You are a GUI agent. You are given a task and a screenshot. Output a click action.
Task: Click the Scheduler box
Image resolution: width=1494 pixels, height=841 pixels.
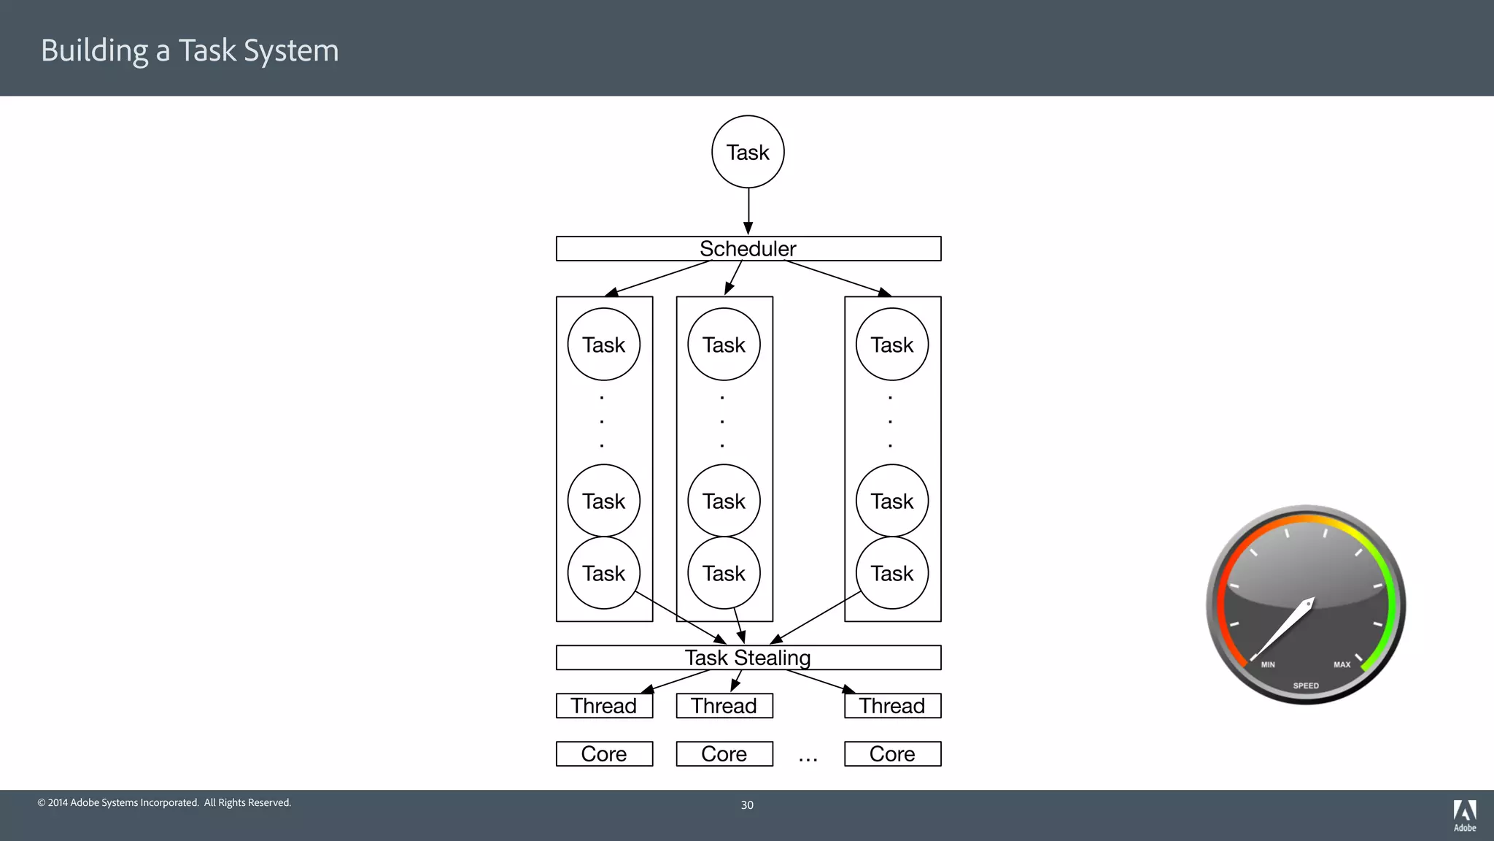[748, 249]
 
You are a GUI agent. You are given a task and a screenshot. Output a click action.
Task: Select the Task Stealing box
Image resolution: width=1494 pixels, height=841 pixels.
[748, 658]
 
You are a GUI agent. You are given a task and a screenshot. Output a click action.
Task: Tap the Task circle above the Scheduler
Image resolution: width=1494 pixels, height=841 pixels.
[748, 152]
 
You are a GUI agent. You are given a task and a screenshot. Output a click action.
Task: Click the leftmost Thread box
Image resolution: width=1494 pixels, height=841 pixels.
[604, 706]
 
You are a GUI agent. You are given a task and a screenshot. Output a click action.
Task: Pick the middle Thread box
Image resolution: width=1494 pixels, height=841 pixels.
[724, 706]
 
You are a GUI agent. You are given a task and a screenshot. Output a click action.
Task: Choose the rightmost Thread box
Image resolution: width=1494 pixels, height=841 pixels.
[892, 706]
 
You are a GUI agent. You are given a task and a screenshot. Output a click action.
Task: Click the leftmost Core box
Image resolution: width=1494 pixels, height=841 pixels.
[604, 754]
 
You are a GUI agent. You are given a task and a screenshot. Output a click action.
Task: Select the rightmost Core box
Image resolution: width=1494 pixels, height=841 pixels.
[892, 754]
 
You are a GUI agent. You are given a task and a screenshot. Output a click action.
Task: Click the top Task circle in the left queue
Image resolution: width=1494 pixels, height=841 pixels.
[604, 345]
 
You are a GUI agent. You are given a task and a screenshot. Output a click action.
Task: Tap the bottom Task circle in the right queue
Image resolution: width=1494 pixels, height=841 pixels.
[892, 573]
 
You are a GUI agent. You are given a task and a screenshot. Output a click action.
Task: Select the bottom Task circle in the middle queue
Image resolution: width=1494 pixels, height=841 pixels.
[724, 573]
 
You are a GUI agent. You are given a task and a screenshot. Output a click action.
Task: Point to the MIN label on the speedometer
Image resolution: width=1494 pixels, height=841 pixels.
[1268, 664]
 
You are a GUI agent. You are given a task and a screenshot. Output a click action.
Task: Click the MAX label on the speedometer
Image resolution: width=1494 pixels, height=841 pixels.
[1342, 664]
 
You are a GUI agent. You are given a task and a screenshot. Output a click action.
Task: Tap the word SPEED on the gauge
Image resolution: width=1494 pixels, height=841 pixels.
[1306, 686]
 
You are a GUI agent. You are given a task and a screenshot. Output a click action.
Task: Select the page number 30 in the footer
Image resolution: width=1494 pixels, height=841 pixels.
[747, 805]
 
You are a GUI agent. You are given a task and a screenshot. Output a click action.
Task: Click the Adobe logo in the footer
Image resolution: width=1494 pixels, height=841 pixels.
[1465, 815]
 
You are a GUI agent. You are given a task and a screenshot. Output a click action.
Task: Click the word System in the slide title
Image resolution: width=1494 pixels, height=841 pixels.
[291, 51]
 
